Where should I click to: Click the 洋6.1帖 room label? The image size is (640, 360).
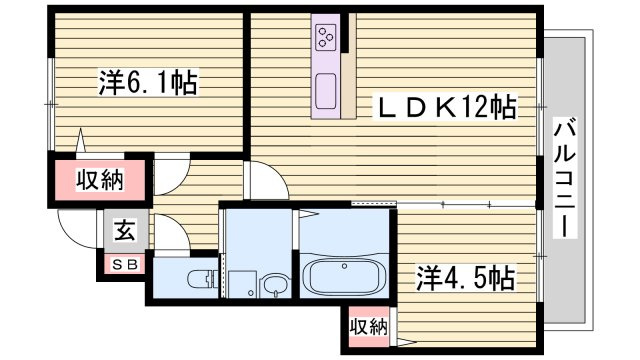(148, 83)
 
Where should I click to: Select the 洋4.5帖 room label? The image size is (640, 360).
(464, 276)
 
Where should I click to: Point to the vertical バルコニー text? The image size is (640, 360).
(565, 177)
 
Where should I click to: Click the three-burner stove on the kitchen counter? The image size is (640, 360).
(326, 39)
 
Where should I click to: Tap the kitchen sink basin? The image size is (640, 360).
(327, 95)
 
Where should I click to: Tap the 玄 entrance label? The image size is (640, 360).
(123, 231)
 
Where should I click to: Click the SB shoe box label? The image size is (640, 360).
(123, 264)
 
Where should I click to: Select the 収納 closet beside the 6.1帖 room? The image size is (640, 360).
(100, 181)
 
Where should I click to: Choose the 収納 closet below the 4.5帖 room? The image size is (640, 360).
(367, 326)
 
